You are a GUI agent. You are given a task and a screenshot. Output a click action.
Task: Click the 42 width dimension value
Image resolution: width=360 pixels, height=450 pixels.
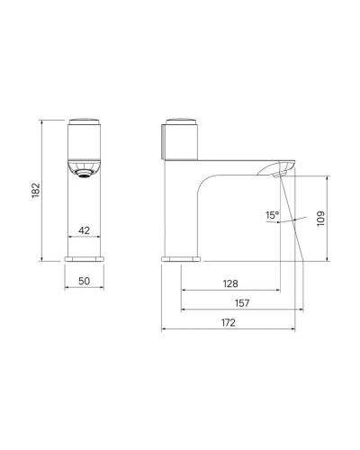click(84, 229)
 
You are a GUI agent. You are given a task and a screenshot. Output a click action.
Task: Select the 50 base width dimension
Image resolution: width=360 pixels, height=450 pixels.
click(84, 281)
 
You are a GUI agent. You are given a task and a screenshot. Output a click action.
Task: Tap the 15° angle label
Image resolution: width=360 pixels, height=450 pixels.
click(273, 215)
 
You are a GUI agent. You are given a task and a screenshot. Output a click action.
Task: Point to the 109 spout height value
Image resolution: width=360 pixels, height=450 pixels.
click(321, 217)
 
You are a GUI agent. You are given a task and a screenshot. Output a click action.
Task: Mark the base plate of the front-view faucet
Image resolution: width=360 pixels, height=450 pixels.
click(84, 259)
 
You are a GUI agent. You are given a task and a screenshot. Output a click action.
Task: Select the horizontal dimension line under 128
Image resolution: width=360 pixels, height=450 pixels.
click(229, 291)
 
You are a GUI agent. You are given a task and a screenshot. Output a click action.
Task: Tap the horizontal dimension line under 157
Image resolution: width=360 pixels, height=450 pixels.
click(240, 310)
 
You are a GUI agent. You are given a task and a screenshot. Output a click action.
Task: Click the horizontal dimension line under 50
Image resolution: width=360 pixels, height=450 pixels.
click(84, 289)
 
